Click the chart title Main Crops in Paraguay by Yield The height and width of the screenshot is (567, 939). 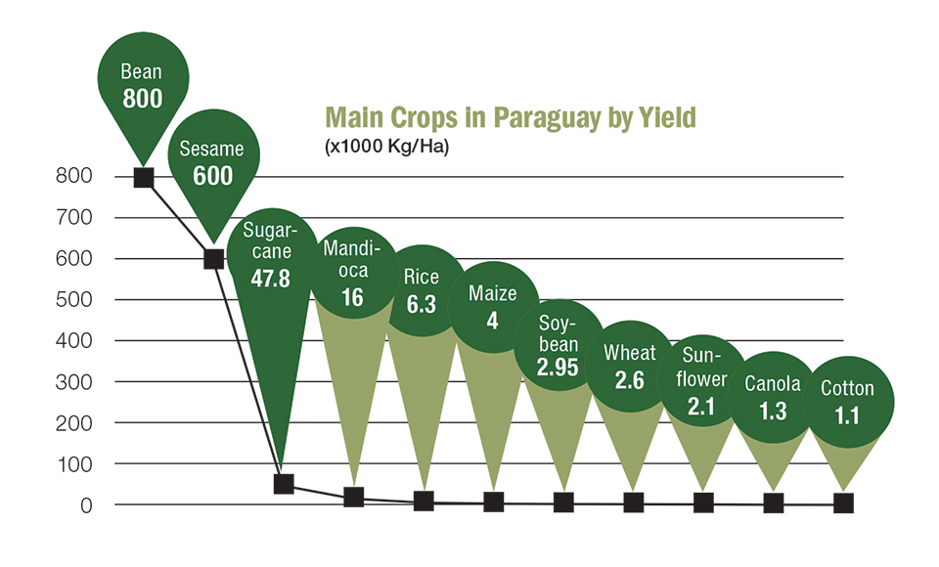click(510, 117)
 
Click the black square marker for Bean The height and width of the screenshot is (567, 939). click(144, 177)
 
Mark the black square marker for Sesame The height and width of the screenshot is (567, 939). click(213, 259)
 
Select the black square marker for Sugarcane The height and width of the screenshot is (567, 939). click(284, 484)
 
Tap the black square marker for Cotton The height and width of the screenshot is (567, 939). click(843, 502)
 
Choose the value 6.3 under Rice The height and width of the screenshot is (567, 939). click(422, 304)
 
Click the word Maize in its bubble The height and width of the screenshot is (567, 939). click(492, 293)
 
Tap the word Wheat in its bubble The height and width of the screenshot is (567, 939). click(630, 353)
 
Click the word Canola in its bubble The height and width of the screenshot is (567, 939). click(772, 384)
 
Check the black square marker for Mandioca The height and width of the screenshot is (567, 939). click(353, 497)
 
